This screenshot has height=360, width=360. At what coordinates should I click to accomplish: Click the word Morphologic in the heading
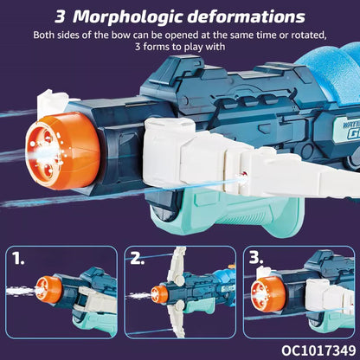click(128, 17)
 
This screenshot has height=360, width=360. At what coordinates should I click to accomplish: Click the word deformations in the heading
click(246, 16)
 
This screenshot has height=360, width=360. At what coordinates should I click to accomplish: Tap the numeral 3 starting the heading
click(60, 17)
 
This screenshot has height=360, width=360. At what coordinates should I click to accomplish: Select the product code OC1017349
click(318, 350)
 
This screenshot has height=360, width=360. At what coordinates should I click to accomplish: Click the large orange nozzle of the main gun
click(62, 151)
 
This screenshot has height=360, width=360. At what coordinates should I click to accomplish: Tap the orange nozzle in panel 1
click(48, 289)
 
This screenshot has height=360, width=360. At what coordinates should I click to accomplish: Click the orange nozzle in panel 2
click(159, 294)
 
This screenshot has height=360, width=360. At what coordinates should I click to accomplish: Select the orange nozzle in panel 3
click(268, 294)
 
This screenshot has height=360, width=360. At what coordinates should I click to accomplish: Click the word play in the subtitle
click(194, 47)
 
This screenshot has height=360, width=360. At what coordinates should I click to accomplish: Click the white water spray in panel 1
click(22, 291)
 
